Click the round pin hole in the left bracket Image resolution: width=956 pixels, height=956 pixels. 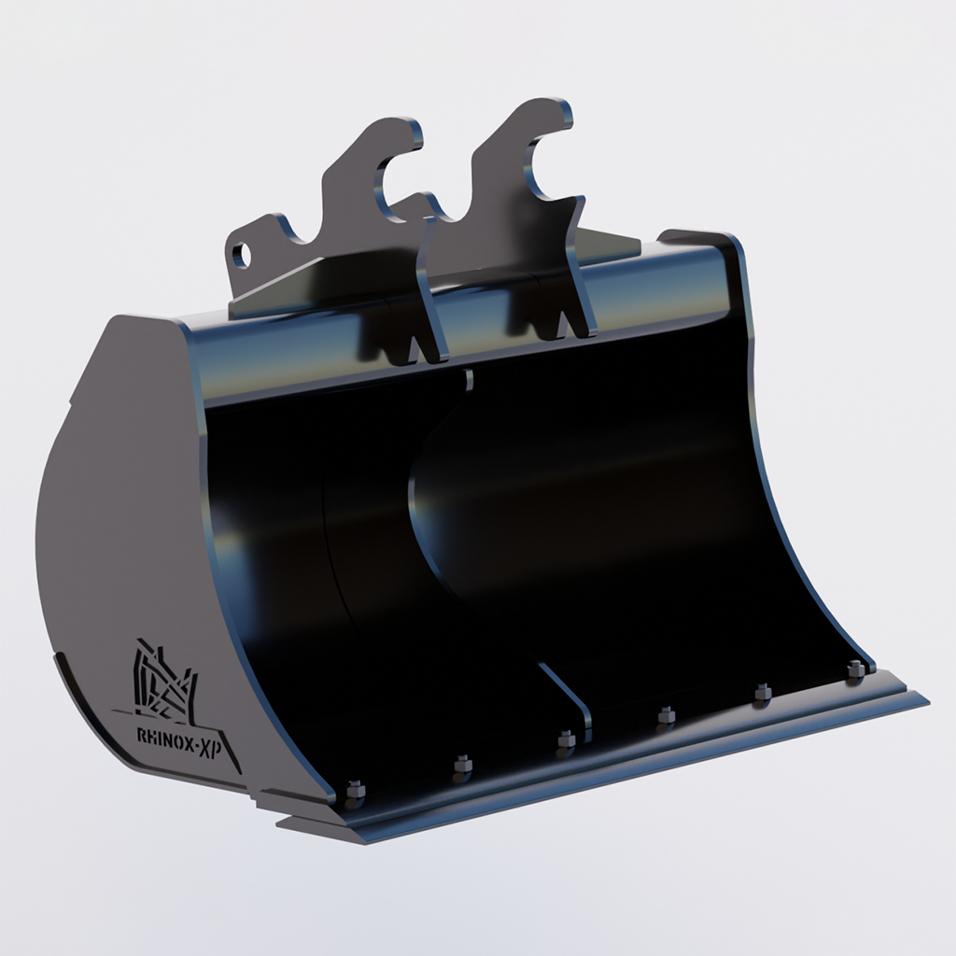coord(242,254)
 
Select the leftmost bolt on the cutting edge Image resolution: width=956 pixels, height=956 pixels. coord(354,792)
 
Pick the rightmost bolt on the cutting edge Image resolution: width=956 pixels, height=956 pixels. coord(854,668)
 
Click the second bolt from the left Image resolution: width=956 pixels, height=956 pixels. coord(462,766)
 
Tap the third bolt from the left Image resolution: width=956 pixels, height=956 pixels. coord(566,741)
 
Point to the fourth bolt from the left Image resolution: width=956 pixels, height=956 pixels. coord(666,716)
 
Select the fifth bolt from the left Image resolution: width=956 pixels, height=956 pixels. coord(762,692)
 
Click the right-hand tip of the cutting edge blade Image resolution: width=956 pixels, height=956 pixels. coord(924,697)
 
